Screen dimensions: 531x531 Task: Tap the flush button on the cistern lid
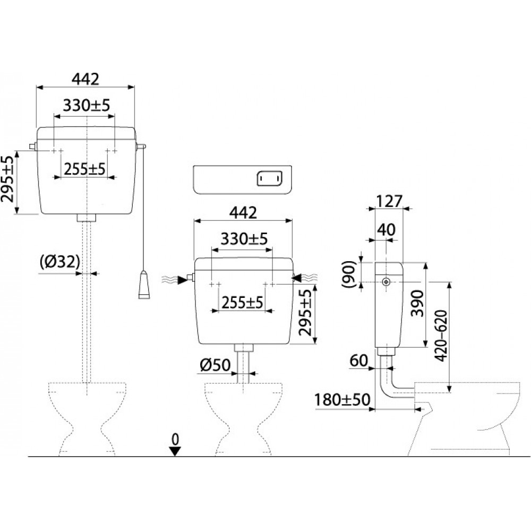(x=270, y=178)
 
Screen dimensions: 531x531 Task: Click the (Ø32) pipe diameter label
(x=59, y=261)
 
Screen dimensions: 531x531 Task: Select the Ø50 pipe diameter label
(x=215, y=365)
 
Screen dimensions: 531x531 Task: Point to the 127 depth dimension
(x=389, y=201)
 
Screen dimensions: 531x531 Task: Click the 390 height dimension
(x=417, y=303)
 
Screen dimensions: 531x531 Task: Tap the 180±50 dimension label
(x=342, y=400)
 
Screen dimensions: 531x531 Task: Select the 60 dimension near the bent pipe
(x=358, y=361)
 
